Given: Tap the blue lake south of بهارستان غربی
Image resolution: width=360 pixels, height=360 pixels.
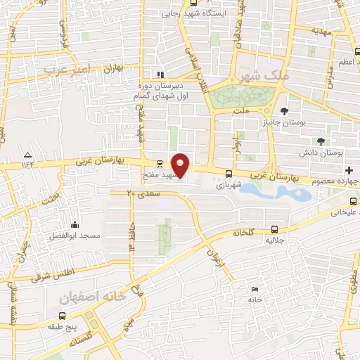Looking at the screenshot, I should (295, 191).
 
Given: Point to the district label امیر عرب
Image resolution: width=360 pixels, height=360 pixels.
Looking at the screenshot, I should (67, 69).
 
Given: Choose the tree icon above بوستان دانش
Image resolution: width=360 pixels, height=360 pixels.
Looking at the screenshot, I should (321, 141).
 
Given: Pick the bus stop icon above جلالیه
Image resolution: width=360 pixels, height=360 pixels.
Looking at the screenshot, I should (274, 229).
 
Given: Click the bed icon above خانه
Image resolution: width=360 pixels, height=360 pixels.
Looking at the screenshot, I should (255, 289).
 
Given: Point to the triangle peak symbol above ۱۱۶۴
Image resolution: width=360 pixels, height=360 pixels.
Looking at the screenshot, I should (27, 155).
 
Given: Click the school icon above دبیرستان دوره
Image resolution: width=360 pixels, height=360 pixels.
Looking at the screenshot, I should (160, 75).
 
